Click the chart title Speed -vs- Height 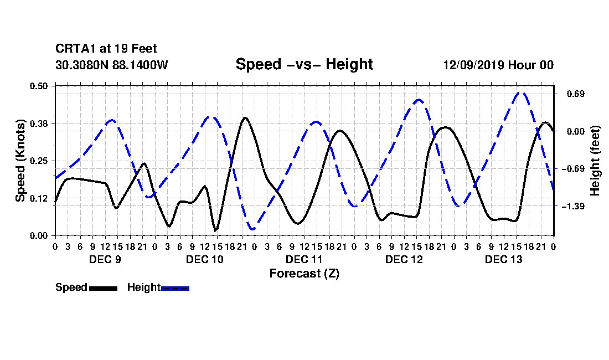(x=304, y=64)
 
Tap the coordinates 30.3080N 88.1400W (x=112, y=65)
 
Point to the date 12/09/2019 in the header (x=473, y=65)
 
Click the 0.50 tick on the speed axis (x=39, y=86)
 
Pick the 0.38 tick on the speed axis (x=39, y=124)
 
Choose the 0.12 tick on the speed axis (x=39, y=198)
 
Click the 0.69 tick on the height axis (x=576, y=94)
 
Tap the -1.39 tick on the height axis (x=573, y=206)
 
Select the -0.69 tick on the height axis (x=573, y=168)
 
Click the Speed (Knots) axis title (x=20, y=161)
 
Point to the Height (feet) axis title (x=595, y=161)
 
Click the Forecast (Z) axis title (x=304, y=274)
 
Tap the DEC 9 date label (x=105, y=259)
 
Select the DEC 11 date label (x=304, y=259)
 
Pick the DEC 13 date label (x=504, y=259)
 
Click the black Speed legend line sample (x=104, y=288)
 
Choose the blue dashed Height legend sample (x=175, y=288)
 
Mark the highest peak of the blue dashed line (x=521, y=93)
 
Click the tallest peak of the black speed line (x=245, y=117)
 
